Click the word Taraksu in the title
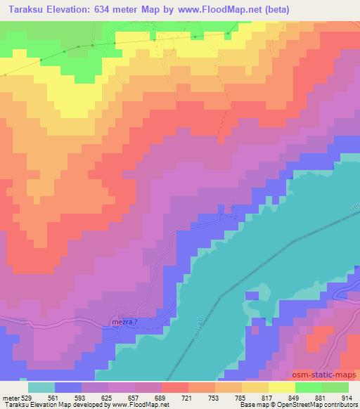click(27, 10)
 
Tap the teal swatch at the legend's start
click(41, 387)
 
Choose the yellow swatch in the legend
click(282, 387)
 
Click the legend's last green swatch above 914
click(335, 387)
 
